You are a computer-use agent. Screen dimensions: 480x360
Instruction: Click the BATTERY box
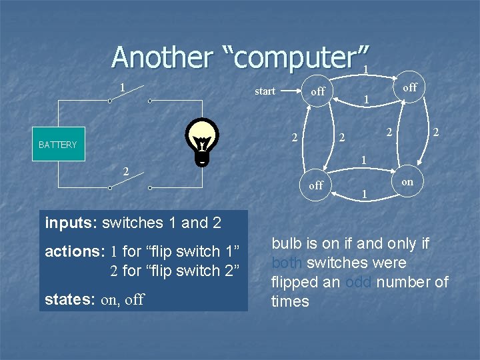(x=58, y=144)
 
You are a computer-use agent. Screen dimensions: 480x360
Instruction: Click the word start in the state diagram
(x=265, y=91)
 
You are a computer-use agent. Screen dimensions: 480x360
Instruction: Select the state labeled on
(x=407, y=181)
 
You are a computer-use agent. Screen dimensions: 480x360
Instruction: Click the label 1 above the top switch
(x=122, y=87)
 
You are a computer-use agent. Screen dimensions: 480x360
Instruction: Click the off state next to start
(x=318, y=91)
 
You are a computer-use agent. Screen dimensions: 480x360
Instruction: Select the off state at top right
(x=410, y=87)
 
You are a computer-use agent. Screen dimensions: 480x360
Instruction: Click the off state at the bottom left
(x=316, y=185)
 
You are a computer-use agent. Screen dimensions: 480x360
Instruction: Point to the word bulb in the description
(x=287, y=243)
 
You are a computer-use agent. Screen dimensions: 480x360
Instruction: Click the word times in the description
(x=290, y=301)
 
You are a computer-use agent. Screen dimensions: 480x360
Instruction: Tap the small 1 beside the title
(x=365, y=69)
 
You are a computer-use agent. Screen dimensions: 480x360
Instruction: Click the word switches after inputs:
(x=139, y=223)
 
